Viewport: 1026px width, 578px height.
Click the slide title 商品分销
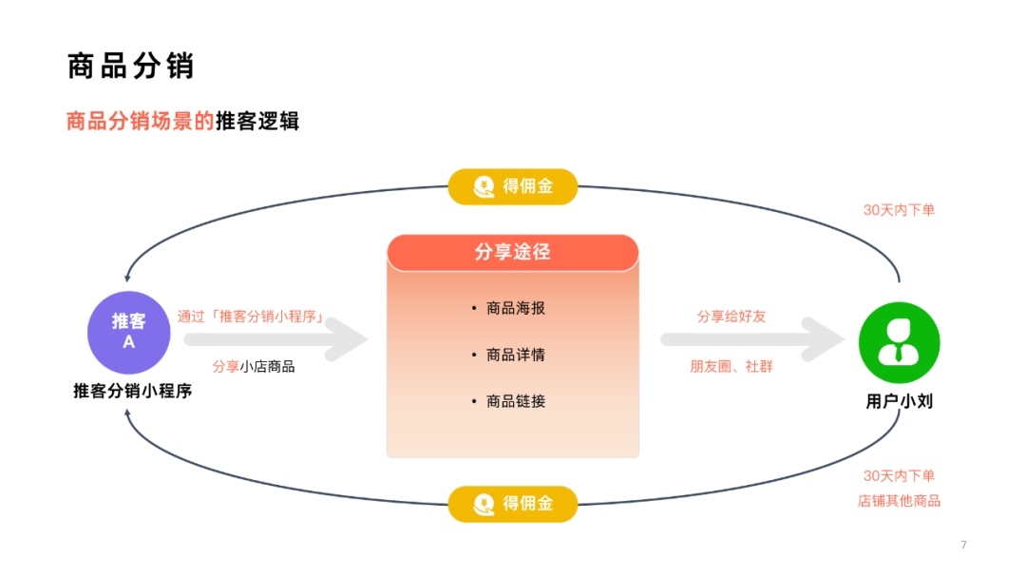[x=131, y=66]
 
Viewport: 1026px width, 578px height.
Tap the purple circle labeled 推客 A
[x=129, y=332]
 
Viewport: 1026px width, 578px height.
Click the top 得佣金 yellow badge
[x=513, y=186]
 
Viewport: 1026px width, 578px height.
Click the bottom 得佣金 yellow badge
[x=513, y=504]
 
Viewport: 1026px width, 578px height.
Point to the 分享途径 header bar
[x=513, y=252]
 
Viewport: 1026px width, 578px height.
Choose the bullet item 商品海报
[x=515, y=308]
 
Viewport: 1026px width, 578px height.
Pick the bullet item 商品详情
[x=515, y=355]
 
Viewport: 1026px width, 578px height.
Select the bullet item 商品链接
[x=515, y=401]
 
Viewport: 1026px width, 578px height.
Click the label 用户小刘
[x=899, y=401]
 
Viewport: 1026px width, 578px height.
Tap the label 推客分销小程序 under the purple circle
[x=132, y=390]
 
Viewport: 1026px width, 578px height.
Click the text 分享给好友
[x=731, y=317]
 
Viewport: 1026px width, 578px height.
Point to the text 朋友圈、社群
[x=731, y=366]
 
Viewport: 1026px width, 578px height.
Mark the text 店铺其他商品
[x=899, y=501]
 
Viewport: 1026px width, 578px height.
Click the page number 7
[x=963, y=545]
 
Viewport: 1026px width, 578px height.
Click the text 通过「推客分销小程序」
[x=253, y=317]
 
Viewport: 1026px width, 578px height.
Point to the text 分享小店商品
[x=253, y=366]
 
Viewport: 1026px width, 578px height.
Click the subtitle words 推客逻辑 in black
[x=257, y=122]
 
